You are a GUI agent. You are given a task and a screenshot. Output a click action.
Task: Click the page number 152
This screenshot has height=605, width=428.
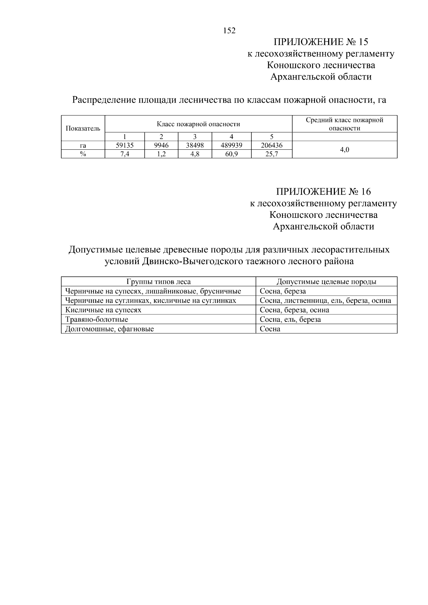[x=229, y=31]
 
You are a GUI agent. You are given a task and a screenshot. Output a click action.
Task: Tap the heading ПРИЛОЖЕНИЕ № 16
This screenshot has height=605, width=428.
[x=323, y=192]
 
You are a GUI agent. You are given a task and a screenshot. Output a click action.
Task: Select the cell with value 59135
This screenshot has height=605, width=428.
[x=124, y=145]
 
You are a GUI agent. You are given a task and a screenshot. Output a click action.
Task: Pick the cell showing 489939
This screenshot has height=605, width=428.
[x=231, y=145]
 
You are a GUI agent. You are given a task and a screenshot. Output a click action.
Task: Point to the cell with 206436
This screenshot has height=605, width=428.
[x=271, y=145]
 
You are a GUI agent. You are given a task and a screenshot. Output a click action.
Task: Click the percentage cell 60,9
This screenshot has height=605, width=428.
[x=231, y=154]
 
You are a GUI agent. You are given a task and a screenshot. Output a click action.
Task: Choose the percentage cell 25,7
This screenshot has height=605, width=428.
[x=271, y=154]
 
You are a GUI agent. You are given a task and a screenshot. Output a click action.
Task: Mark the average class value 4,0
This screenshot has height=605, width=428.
[x=345, y=150]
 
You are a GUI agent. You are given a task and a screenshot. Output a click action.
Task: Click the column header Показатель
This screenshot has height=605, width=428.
[x=83, y=128]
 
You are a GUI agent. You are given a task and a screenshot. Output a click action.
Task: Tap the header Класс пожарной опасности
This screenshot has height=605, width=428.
[x=198, y=124]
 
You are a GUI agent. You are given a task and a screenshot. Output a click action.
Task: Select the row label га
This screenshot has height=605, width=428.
[x=83, y=145]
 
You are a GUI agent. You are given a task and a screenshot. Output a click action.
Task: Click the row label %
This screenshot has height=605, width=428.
[x=83, y=154]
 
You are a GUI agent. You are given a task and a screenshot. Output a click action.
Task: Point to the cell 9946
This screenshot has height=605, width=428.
[x=161, y=145]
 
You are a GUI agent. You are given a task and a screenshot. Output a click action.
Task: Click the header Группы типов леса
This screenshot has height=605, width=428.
[x=158, y=282]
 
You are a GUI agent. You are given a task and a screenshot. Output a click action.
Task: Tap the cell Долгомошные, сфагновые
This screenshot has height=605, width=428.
[x=109, y=329]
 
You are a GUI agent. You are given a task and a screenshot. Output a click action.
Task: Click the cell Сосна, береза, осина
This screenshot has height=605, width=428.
[x=294, y=310]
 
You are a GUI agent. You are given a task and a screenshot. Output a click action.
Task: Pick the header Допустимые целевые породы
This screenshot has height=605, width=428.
[x=326, y=282]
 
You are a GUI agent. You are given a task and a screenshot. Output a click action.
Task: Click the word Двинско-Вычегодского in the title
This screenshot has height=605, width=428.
[x=193, y=261]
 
